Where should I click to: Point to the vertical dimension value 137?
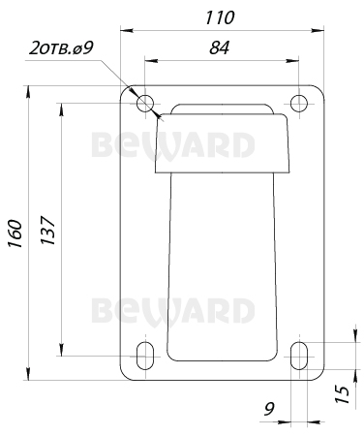point(48,229)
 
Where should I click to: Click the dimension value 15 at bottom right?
point(340,394)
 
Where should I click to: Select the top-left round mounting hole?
point(145,103)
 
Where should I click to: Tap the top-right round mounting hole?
point(300,102)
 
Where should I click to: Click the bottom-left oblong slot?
point(145,356)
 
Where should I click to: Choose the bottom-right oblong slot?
point(300,356)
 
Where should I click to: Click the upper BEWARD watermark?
point(173,145)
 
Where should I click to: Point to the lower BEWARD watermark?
point(173,311)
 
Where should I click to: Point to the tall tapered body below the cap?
point(222,262)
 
